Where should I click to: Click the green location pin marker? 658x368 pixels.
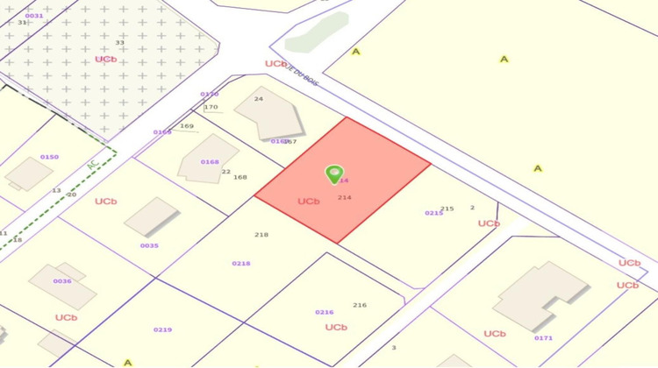coord(334,174)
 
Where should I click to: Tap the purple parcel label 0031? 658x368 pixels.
coord(34,16)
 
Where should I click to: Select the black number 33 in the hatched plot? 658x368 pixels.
coord(120,42)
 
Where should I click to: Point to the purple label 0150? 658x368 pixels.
coord(49,157)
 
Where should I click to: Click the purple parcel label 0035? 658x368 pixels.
coord(149,245)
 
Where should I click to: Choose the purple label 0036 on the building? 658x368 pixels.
coord(62,281)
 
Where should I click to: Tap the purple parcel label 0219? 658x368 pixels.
coord(162,329)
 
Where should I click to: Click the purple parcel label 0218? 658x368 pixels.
coord(241,263)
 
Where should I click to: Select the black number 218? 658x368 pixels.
coord(261,235)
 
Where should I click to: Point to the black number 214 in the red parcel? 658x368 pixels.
coord(345,198)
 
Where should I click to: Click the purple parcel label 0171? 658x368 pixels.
coord(543,337)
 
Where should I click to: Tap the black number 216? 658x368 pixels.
coord(360,305)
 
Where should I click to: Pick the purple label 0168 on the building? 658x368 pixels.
coord(210,161)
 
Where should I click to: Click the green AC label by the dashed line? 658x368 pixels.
coord(92,164)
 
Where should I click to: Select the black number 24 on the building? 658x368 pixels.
coord(259,99)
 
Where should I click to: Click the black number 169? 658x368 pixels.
coord(186,125)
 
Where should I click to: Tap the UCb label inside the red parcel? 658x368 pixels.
coord(308,201)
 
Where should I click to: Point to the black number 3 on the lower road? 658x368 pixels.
coord(394,348)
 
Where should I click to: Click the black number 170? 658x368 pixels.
coord(211,107)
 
